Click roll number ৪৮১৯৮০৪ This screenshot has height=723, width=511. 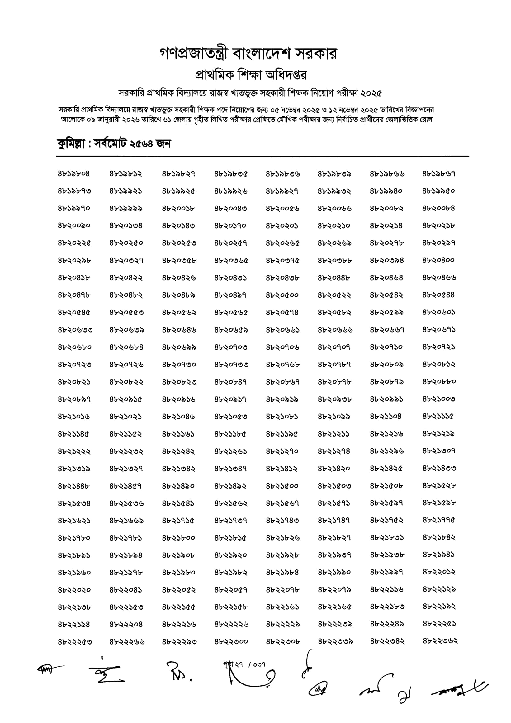click(x=74, y=173)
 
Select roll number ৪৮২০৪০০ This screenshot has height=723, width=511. click(x=438, y=260)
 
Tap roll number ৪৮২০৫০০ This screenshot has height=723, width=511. click(x=282, y=295)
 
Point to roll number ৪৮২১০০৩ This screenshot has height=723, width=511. click(x=438, y=399)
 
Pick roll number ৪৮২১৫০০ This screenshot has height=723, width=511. click(x=282, y=486)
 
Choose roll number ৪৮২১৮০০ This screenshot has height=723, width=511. click(x=178, y=538)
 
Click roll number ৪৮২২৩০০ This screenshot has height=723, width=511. click(x=231, y=641)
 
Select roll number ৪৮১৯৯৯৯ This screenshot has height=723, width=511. click(x=126, y=208)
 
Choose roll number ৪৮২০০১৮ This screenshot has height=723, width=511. click(x=178, y=208)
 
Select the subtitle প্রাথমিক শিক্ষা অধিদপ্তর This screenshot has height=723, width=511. click(x=251, y=75)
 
